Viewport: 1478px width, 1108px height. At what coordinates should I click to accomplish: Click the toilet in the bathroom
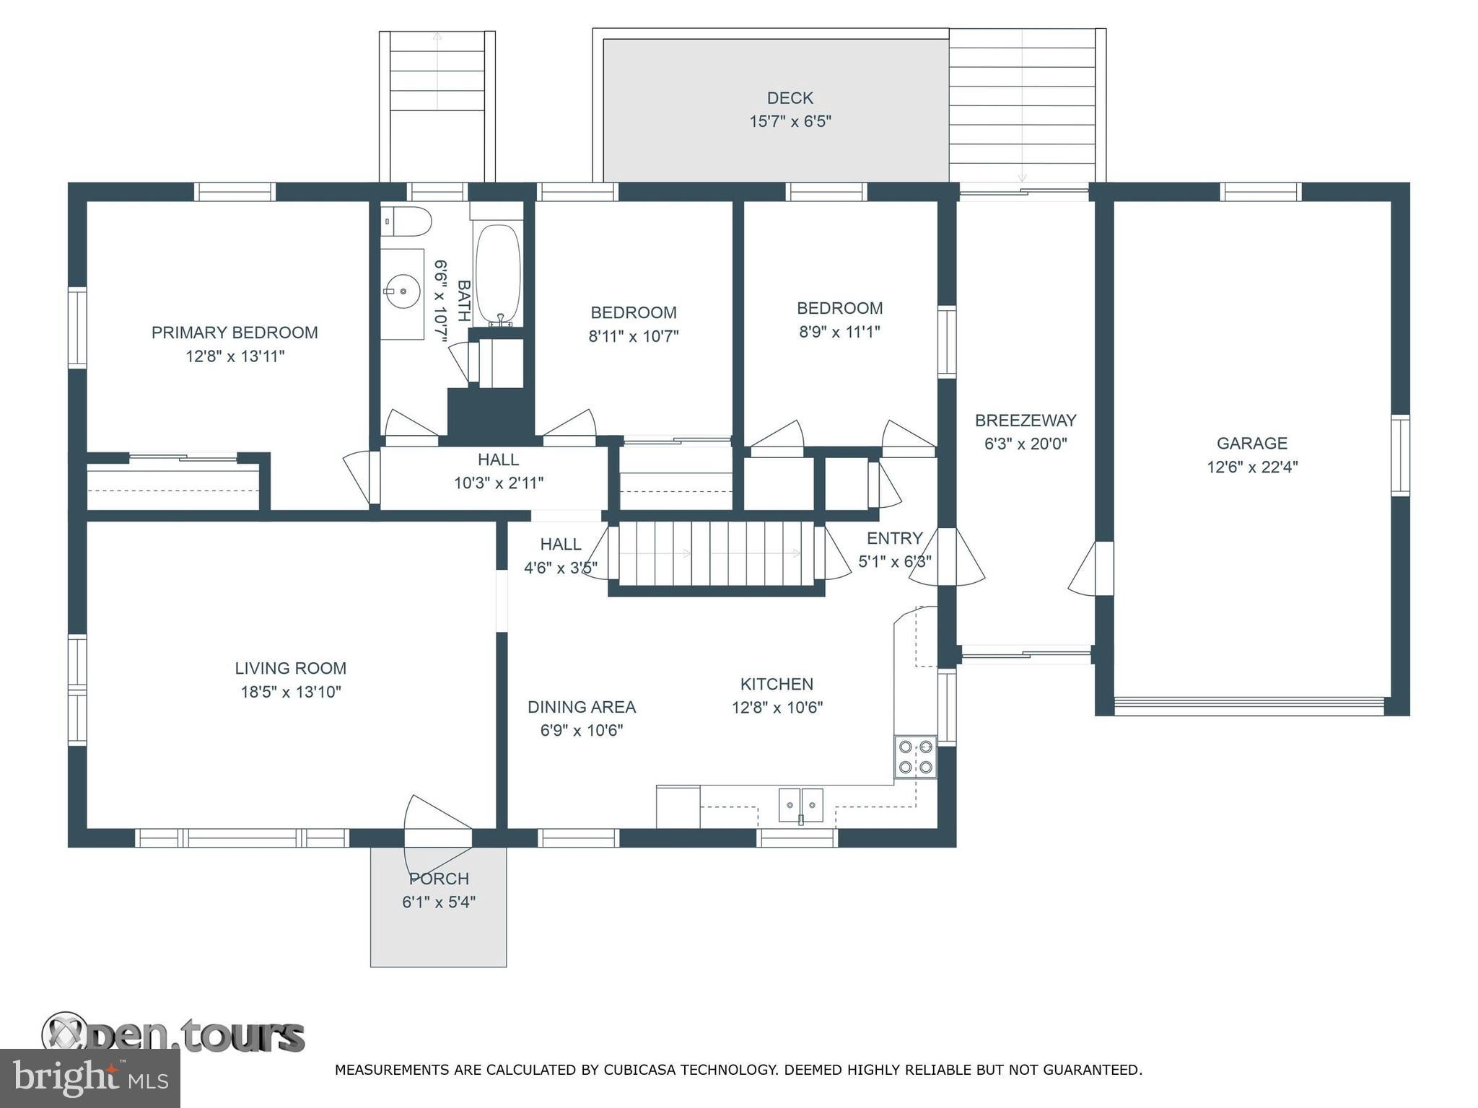coord(406,221)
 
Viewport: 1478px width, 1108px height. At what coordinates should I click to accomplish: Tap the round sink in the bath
coord(403,292)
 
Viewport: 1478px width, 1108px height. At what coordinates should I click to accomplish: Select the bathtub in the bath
coord(498,274)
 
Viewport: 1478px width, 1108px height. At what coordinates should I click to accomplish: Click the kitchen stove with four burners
coord(916,757)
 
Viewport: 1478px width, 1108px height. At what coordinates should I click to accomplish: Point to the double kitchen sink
coord(801,805)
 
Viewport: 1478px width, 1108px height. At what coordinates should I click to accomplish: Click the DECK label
coord(790,97)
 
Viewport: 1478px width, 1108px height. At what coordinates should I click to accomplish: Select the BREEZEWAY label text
coord(1026,420)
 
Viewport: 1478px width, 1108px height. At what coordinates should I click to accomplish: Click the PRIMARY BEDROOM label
coord(235,333)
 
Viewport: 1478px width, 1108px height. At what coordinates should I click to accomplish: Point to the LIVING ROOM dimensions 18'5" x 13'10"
coord(291,692)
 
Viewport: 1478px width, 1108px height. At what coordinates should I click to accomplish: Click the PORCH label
coord(439,879)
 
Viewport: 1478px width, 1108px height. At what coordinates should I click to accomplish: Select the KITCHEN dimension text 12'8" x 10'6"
coord(777,708)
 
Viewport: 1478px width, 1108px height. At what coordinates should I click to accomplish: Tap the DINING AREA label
coord(582,707)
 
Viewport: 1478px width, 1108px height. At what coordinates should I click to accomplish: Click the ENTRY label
coord(895,538)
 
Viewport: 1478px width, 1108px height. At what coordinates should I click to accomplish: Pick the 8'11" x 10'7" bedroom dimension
coord(634,336)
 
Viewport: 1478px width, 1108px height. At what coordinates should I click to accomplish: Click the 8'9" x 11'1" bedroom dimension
coord(839,332)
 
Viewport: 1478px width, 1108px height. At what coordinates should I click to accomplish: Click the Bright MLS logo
coord(90,1078)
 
